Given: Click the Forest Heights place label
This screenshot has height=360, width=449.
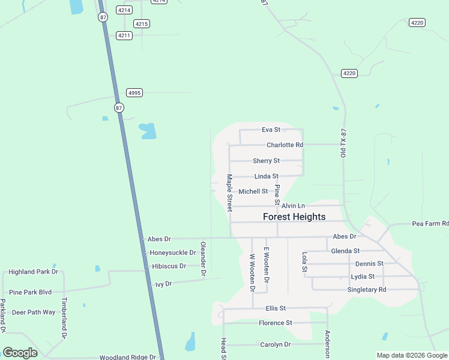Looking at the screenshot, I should coord(294,217).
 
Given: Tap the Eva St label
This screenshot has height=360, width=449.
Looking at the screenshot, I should coord(271,130).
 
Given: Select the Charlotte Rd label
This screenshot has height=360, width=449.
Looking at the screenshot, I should coord(285,145).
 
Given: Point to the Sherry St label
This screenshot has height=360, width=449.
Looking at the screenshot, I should coord(266,161).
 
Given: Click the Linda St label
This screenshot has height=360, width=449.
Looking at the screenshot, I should coord(266,176).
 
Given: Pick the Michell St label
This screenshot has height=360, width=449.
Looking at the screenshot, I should coord(253,191).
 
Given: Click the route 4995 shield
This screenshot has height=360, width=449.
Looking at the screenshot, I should coord(134,92).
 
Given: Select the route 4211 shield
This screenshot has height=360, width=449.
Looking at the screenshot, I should coord(124,35).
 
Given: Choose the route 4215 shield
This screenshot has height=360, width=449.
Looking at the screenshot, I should coord(142,23).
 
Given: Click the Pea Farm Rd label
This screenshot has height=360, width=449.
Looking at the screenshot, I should coord(430,223).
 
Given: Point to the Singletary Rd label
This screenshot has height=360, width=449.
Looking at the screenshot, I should coord(367,290).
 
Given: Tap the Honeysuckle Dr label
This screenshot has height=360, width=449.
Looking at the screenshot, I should coord(173,253).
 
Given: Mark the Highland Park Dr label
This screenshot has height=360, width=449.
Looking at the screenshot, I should coord(33,272).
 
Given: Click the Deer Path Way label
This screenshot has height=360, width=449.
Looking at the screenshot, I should coord(34,313).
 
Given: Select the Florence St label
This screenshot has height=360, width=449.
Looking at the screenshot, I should coord(275,323).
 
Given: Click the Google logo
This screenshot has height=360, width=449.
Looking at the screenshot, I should coord(20,353).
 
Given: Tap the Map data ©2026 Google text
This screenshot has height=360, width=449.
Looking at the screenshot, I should coord(412,355).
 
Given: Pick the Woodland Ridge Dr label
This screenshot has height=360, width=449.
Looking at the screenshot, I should coord(127,357).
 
